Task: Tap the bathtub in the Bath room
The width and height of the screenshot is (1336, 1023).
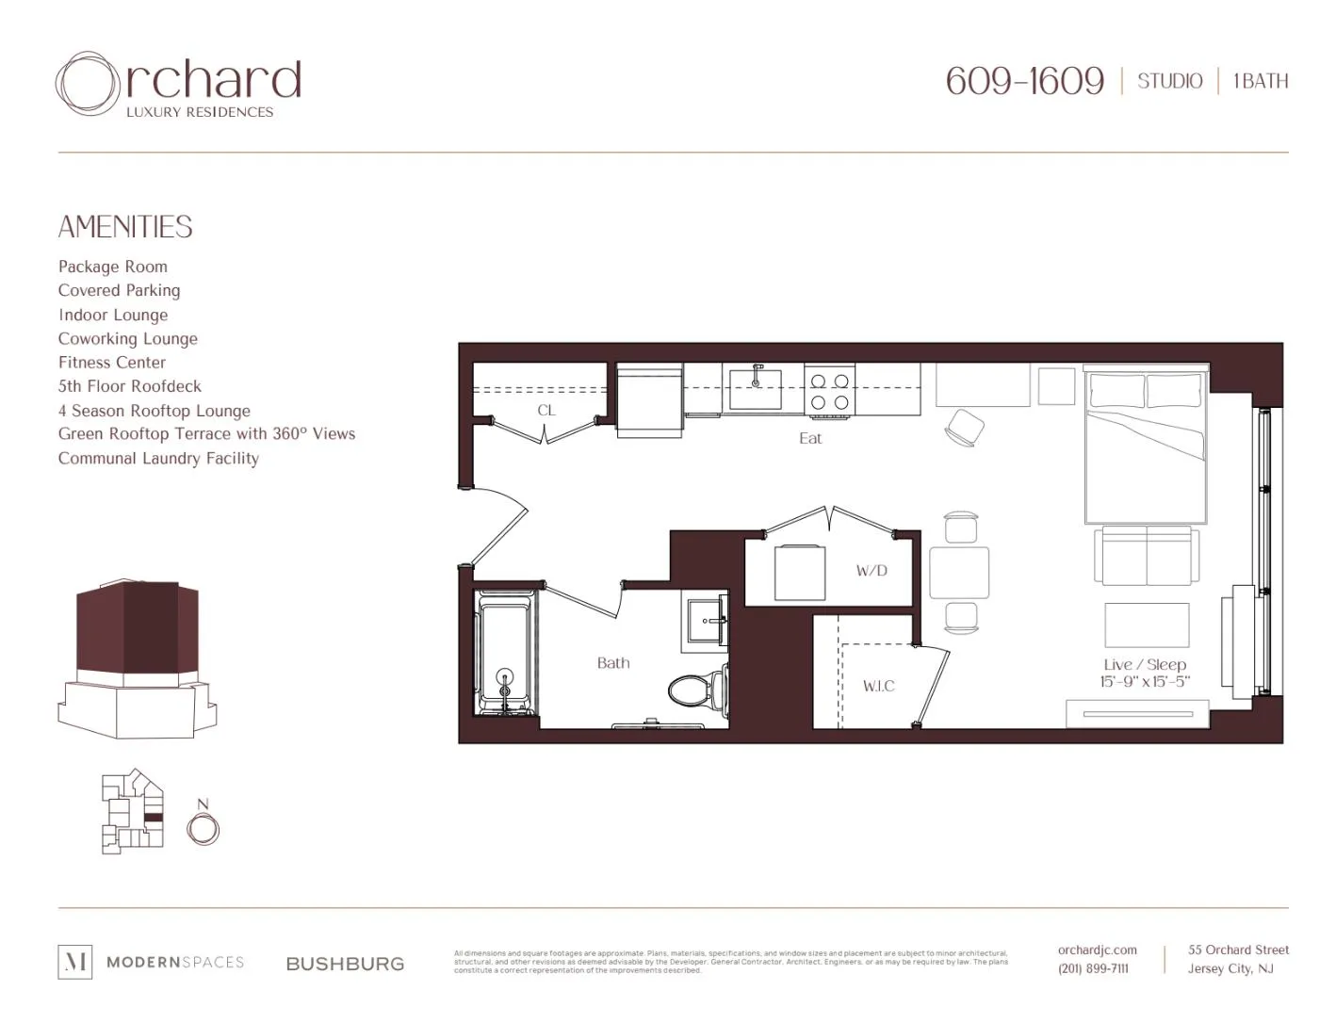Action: click(x=505, y=652)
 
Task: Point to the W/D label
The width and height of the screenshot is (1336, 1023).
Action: click(x=872, y=571)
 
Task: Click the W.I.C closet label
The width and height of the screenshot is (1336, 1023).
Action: click(x=878, y=686)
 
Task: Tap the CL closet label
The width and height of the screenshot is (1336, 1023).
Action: click(x=546, y=411)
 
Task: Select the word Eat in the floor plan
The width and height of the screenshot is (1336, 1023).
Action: click(x=810, y=438)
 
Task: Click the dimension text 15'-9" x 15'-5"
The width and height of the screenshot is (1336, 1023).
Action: click(x=1145, y=681)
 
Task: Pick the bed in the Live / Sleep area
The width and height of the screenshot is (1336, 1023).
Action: click(x=1146, y=445)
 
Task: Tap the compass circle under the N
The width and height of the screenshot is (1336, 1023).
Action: click(x=203, y=830)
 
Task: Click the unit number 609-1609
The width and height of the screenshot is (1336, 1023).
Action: click(x=1024, y=81)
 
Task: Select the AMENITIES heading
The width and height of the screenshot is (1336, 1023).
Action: click(x=125, y=227)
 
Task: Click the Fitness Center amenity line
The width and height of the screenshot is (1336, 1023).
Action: click(x=112, y=363)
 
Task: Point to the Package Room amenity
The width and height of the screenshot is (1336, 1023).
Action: click(x=113, y=267)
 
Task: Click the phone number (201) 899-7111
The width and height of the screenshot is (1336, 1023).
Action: click(x=1093, y=968)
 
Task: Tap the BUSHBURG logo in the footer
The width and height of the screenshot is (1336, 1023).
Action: click(x=345, y=964)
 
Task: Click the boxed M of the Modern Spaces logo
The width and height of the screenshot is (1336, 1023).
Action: click(x=75, y=962)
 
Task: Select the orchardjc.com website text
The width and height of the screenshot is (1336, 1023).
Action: click(x=1097, y=950)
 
